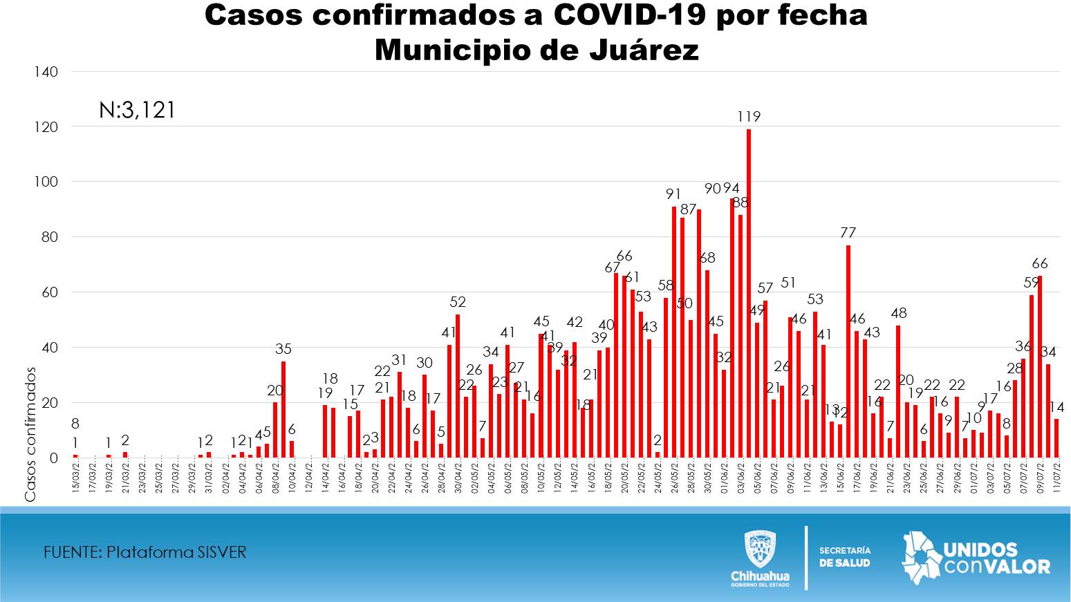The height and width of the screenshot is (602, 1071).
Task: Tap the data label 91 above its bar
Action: pyautogui.click(x=673, y=194)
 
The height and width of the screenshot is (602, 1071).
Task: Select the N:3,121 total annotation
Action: pyautogui.click(x=137, y=110)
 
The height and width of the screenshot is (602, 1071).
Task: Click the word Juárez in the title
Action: pyautogui.click(x=644, y=50)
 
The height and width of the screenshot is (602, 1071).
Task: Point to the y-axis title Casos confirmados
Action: pyautogui.click(x=30, y=434)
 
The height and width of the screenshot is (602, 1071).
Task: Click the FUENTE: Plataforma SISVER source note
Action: pyautogui.click(x=145, y=552)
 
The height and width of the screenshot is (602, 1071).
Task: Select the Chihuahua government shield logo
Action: pyautogui.click(x=759, y=549)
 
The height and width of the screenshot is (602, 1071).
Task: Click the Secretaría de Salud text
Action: pyautogui.click(x=845, y=556)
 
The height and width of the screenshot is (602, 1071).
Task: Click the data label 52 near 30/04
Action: pyautogui.click(x=458, y=302)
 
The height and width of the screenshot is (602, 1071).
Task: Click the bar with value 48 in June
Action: pyautogui.click(x=898, y=391)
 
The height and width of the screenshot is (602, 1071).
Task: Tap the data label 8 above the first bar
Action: pyautogui.click(x=75, y=424)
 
